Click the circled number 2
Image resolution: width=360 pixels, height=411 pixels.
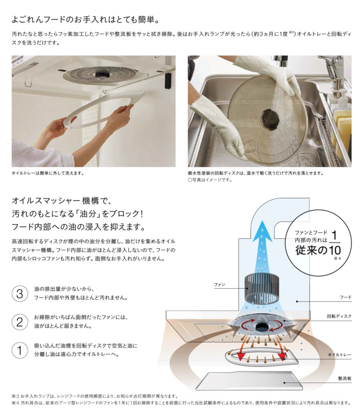[20, 322]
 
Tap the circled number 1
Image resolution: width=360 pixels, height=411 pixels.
[20, 350]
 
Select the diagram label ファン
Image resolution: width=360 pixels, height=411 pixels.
[220, 284]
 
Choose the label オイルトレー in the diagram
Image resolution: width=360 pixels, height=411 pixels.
[340, 355]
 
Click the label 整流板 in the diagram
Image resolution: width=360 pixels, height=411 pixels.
[345, 378]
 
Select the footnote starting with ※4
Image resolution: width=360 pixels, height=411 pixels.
[181, 403]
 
